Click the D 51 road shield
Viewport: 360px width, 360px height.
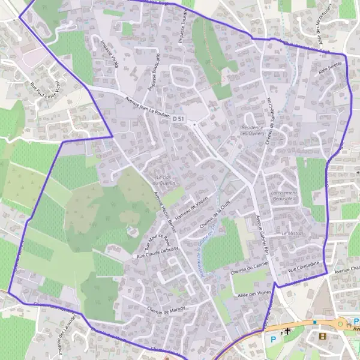pyautogui.click(x=178, y=119)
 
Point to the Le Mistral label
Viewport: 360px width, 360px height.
pyautogui.click(x=292, y=233)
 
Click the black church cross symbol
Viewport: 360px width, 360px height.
pyautogui.click(x=287, y=331)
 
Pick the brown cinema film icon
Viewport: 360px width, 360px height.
pyautogui.click(x=323, y=336)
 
